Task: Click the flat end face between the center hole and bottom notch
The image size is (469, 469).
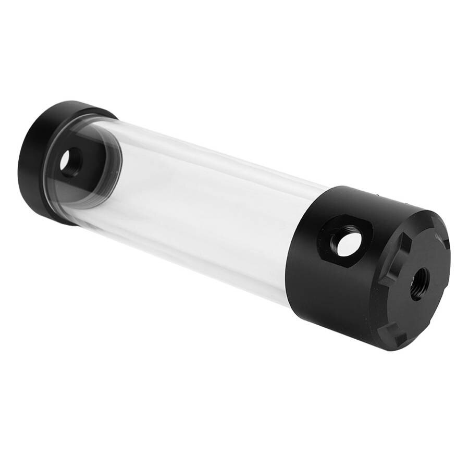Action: point(409,313)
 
